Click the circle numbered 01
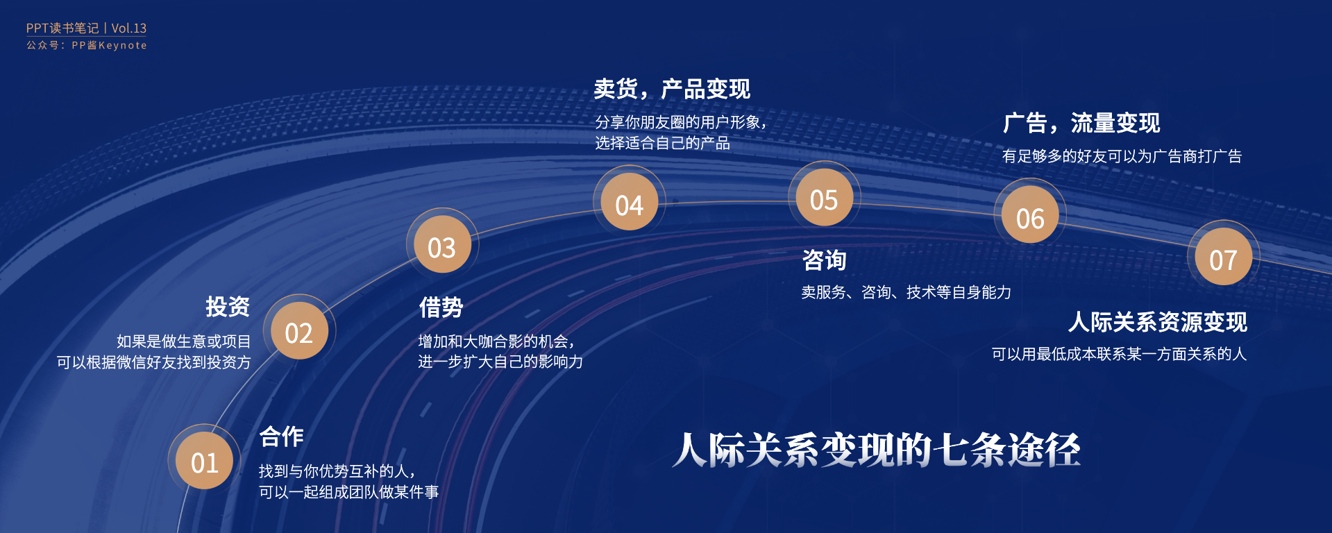(x=204, y=461)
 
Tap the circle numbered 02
(x=299, y=331)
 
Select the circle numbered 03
(x=442, y=245)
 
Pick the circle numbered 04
(x=629, y=202)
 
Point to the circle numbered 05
(x=824, y=198)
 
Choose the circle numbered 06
(x=1030, y=215)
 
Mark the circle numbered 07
(x=1223, y=257)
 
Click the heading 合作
(x=282, y=437)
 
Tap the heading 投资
(x=228, y=307)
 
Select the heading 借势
(x=441, y=307)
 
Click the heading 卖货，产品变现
(x=672, y=90)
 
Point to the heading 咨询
(x=825, y=260)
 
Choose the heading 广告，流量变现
(x=1081, y=124)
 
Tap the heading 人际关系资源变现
(x=1158, y=322)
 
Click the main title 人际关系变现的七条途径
(x=877, y=450)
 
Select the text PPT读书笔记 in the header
(x=62, y=28)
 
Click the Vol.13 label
(x=129, y=28)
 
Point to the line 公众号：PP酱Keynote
(x=87, y=45)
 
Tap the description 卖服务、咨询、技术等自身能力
(x=907, y=292)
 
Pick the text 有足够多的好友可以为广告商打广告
(x=1122, y=156)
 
